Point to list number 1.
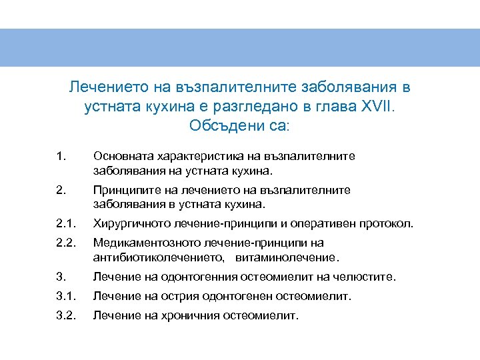coord(61,157)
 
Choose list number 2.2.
coord(65,243)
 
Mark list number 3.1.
coord(65,296)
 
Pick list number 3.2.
coord(65,315)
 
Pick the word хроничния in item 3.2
coord(185,315)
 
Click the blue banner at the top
coord(240,47)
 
